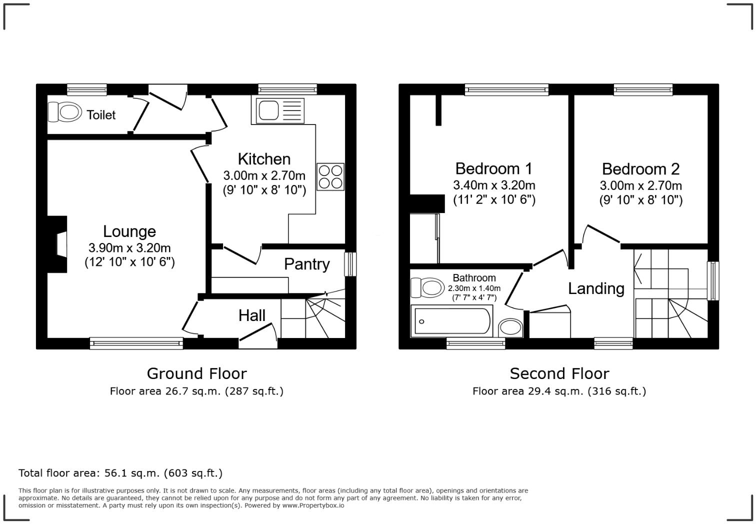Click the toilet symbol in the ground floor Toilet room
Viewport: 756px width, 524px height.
point(65,112)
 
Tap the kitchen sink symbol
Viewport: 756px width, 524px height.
point(279,110)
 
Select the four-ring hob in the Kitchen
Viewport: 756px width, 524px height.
point(330,176)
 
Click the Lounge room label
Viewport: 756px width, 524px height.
point(129,231)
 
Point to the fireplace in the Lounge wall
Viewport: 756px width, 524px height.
point(59,244)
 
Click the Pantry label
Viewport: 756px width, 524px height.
point(306,264)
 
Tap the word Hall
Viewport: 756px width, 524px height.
point(251,315)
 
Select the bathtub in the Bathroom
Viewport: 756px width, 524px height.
point(451,321)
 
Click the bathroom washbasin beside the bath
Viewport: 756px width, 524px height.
point(510,327)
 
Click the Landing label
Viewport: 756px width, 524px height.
point(596,288)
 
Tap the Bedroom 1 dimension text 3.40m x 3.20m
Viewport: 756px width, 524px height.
point(494,185)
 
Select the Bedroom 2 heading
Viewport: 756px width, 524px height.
point(640,169)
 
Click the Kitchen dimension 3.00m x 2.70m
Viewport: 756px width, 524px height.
point(264,175)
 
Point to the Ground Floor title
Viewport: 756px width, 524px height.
point(196,373)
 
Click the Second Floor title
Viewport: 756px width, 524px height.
point(559,373)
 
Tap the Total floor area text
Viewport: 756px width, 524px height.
point(120,473)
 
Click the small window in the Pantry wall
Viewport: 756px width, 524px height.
point(350,264)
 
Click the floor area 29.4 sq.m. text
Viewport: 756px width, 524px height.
point(559,391)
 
